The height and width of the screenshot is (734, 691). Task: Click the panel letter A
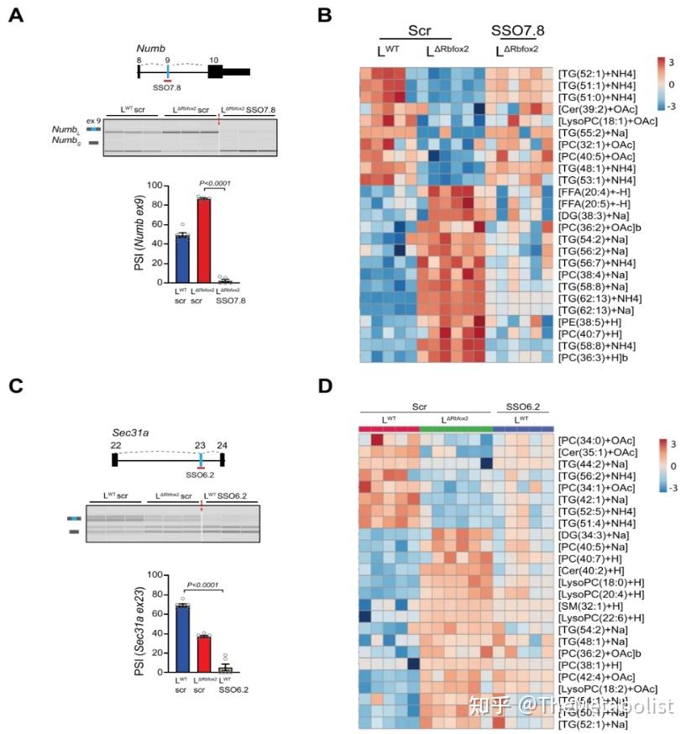(x=14, y=14)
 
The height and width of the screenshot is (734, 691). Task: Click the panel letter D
(x=325, y=387)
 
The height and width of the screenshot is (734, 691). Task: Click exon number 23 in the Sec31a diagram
(x=201, y=445)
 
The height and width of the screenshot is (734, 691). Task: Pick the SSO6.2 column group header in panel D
(x=522, y=406)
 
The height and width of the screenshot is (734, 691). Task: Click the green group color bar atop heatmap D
(x=455, y=429)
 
